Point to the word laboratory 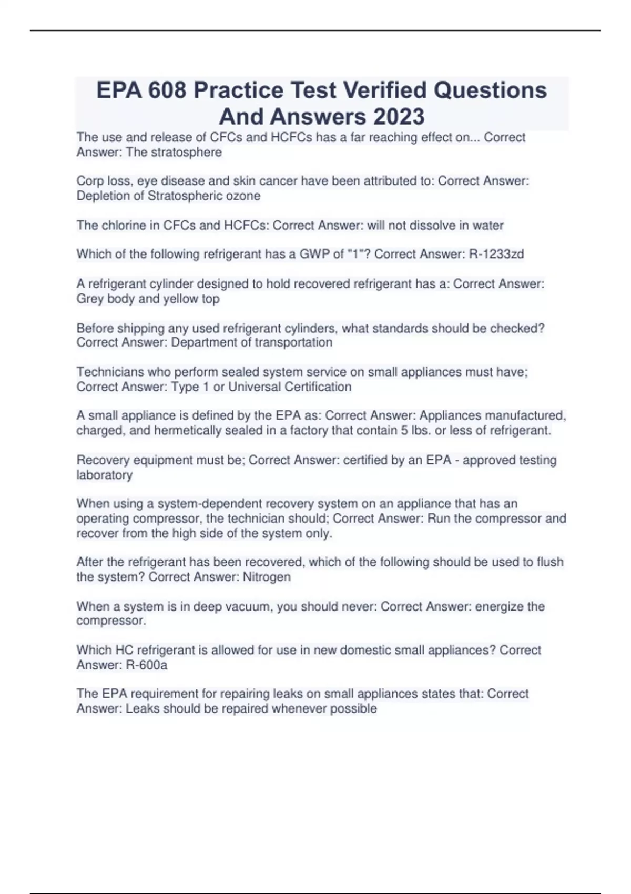[104, 475]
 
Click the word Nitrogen [267, 577]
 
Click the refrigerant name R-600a [147, 665]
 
